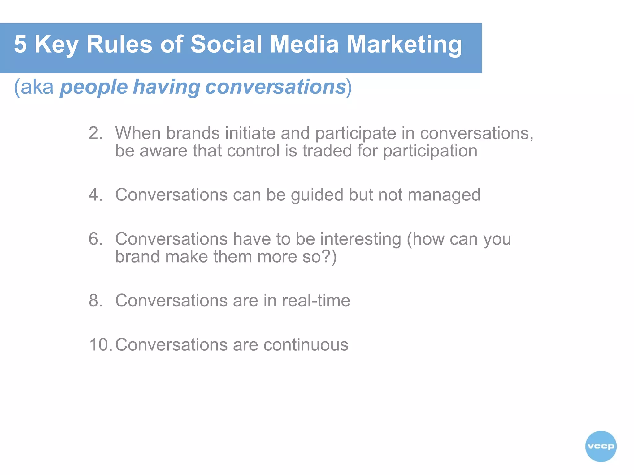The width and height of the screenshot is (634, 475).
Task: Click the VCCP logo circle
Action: click(x=601, y=446)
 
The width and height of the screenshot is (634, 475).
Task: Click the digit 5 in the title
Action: click(x=20, y=44)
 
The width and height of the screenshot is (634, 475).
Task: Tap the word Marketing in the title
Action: click(x=404, y=44)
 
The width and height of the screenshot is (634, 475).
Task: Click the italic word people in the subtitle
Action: click(x=93, y=87)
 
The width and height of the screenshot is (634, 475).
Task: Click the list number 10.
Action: click(x=100, y=345)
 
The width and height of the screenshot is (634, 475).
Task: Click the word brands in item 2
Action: click(x=193, y=133)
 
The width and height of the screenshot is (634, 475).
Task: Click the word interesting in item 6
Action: click(x=361, y=239)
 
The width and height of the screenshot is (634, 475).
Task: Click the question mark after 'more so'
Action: click(x=327, y=257)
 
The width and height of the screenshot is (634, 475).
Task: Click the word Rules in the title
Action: click(x=119, y=44)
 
